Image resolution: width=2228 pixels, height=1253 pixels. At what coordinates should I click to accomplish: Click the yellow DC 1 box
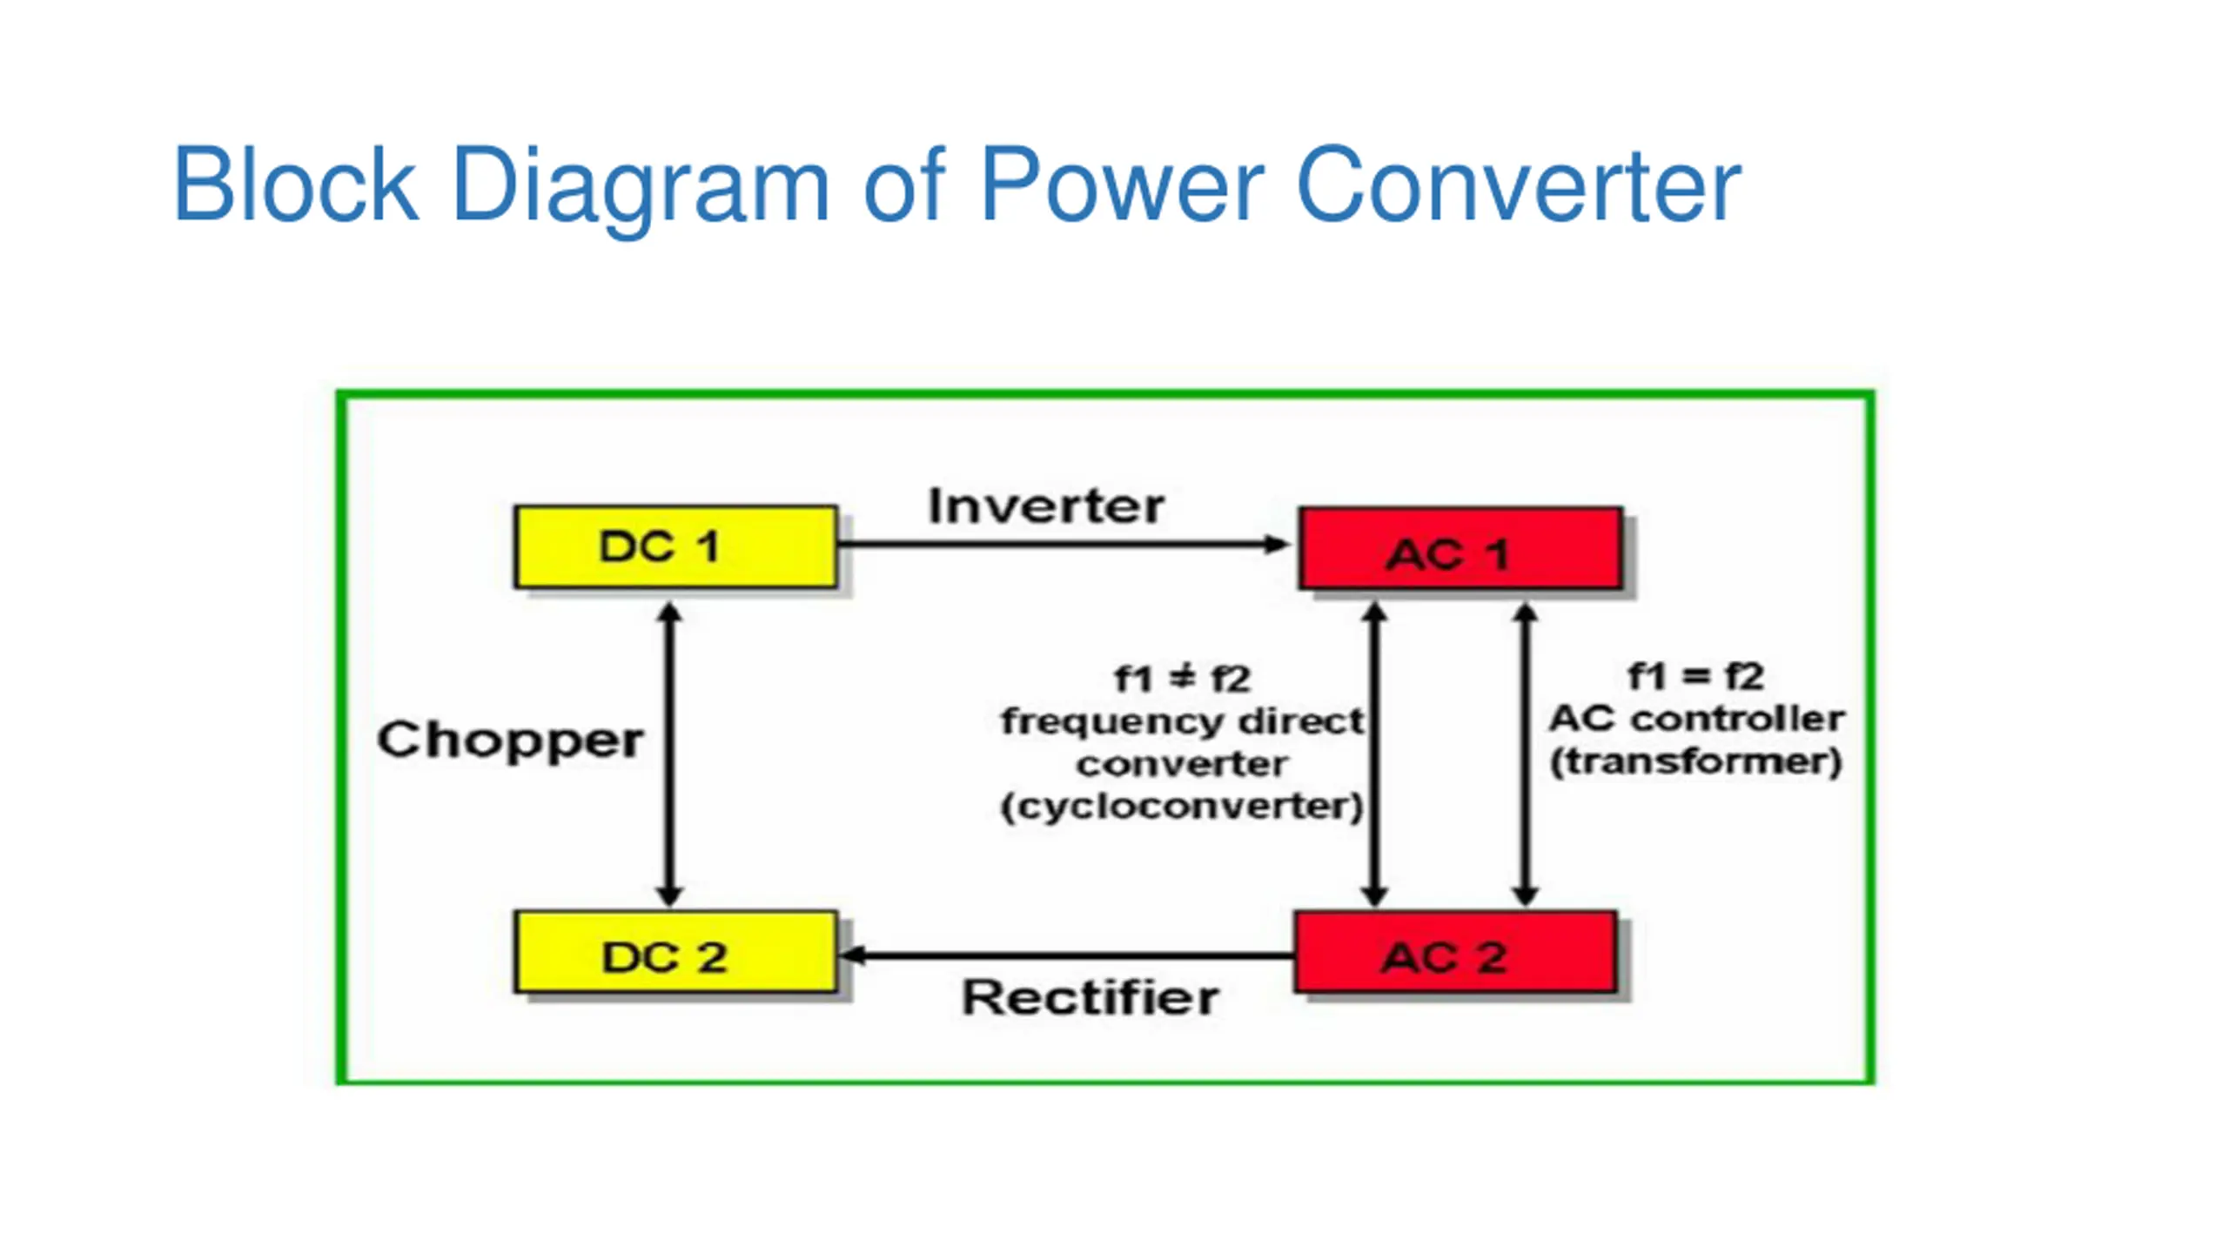(x=675, y=546)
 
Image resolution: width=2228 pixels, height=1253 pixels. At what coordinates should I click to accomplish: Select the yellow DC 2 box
(x=675, y=952)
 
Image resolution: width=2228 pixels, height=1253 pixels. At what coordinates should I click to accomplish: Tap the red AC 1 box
(x=1460, y=548)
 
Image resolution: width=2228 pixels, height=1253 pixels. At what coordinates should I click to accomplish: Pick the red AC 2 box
(x=1455, y=952)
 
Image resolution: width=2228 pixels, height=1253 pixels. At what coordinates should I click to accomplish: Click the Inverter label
(x=1046, y=506)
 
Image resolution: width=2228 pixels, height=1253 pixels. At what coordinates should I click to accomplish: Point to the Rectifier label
(x=1090, y=997)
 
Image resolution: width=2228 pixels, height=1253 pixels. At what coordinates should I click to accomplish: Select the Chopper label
(x=510, y=740)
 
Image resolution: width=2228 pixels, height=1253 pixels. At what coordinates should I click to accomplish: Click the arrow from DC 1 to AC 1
(x=1062, y=545)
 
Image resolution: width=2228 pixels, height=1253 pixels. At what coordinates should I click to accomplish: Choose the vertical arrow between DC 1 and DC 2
(x=668, y=754)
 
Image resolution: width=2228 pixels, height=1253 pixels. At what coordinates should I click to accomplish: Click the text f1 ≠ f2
(x=1182, y=679)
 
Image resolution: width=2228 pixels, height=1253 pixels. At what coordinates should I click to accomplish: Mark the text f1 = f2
(x=1695, y=676)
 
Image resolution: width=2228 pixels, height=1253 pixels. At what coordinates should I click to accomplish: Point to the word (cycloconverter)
(x=1182, y=807)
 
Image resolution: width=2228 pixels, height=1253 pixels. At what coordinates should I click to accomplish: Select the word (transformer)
(x=1695, y=761)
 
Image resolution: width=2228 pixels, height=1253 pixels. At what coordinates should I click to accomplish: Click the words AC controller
(x=1695, y=719)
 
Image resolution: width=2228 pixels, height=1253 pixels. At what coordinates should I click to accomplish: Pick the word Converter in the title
(x=1518, y=184)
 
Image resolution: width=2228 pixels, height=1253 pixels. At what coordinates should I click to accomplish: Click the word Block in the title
(x=296, y=184)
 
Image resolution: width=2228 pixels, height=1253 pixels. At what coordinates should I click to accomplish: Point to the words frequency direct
(x=1182, y=721)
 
